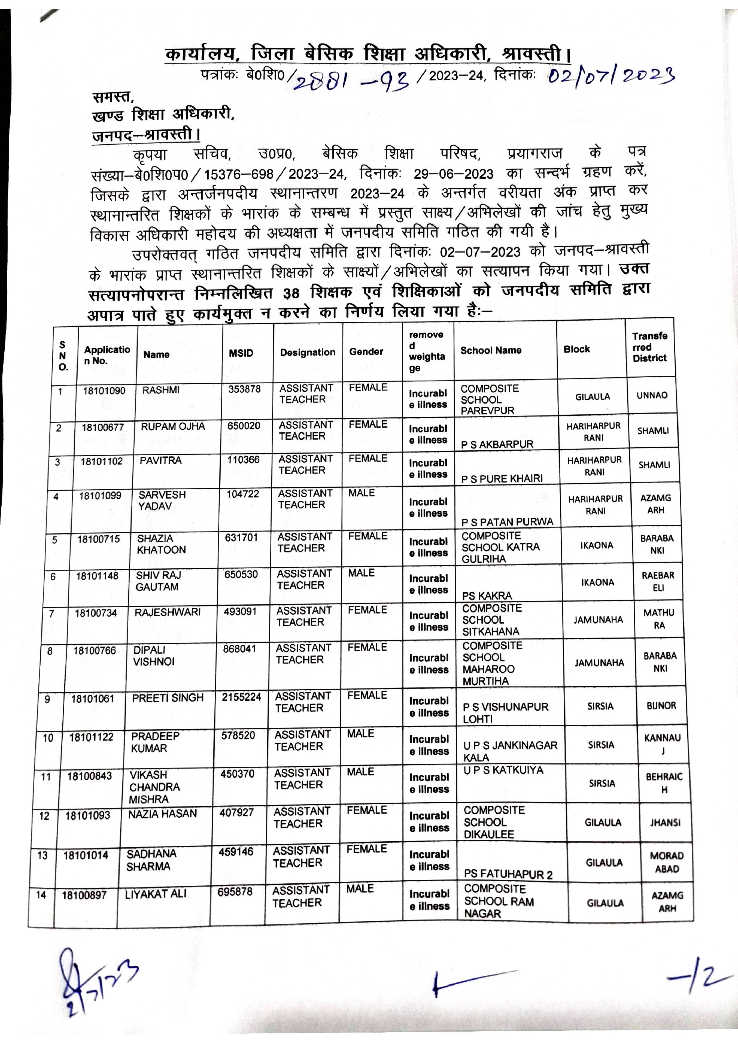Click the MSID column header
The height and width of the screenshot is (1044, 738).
click(241, 353)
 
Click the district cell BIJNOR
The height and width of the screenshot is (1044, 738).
click(662, 706)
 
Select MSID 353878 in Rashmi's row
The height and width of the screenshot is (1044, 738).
click(244, 389)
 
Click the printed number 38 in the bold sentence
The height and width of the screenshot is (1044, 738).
click(291, 293)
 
